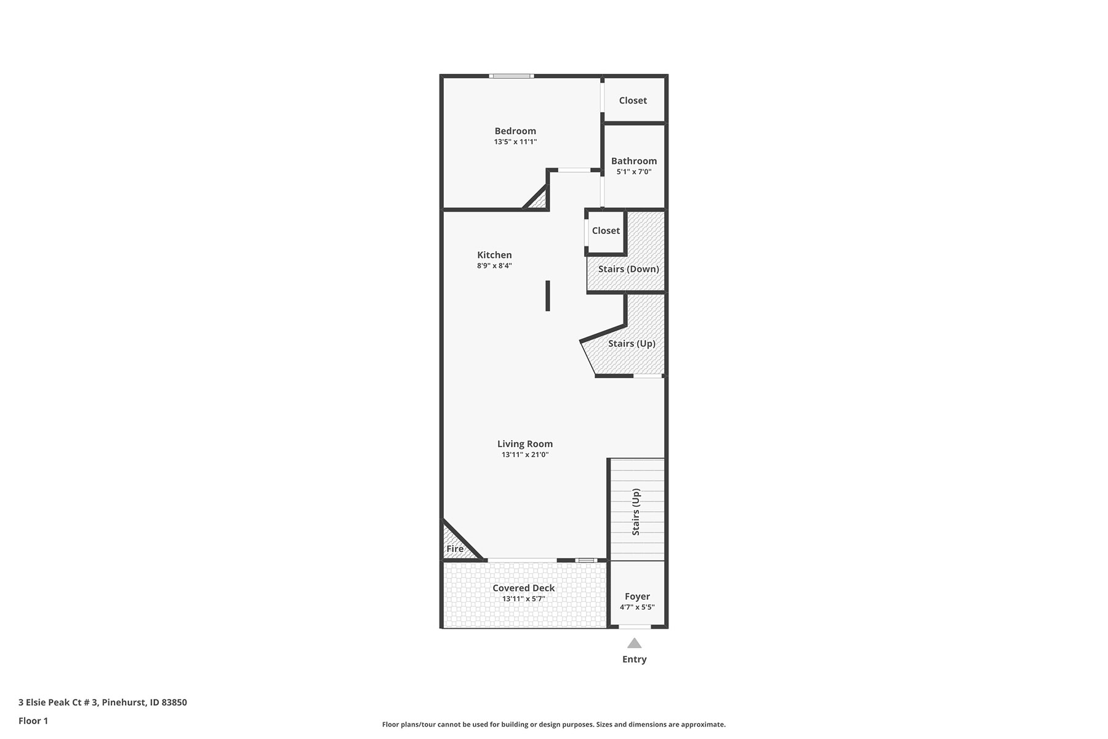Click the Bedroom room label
point(515,131)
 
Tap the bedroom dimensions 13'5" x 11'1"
point(515,142)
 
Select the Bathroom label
point(634,161)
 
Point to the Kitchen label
point(494,255)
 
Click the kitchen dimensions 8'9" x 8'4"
point(494,266)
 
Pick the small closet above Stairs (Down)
point(606,231)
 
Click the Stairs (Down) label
point(628,269)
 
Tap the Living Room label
point(525,444)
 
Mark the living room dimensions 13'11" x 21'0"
point(525,455)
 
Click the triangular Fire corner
point(456,545)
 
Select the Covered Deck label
point(524,588)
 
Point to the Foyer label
point(637,597)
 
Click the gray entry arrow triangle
point(634,643)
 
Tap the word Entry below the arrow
point(634,660)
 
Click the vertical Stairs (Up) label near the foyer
point(636,512)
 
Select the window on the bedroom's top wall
point(512,76)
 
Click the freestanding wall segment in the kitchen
point(547,296)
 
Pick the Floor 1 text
point(33,721)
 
